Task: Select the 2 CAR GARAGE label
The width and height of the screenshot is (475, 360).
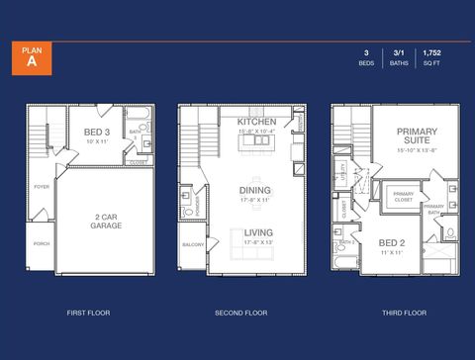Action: coord(107,222)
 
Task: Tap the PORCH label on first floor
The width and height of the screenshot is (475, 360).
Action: coord(42,243)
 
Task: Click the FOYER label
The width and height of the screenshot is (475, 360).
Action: coord(42,186)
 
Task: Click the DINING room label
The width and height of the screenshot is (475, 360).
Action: coord(255,190)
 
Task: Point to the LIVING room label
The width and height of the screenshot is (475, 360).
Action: coord(259,233)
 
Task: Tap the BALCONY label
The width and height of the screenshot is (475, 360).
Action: coord(192,244)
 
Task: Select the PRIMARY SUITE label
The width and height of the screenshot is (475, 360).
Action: coord(418,136)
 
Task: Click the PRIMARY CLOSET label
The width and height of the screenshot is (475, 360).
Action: coord(403,197)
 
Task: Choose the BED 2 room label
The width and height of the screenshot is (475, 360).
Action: coord(391,242)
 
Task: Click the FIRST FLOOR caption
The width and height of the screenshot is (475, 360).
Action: coord(88,313)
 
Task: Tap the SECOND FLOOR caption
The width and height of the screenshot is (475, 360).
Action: coord(241,313)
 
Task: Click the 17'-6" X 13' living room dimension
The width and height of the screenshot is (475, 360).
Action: coord(258,243)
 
